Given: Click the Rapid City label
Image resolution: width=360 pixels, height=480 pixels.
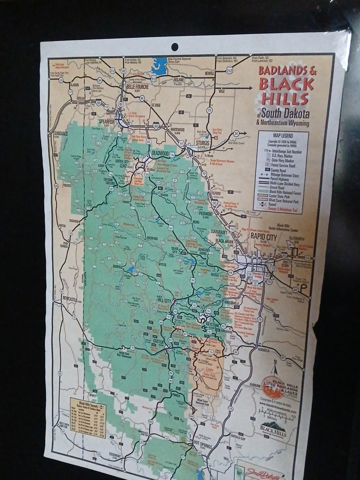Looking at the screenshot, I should coord(264,237).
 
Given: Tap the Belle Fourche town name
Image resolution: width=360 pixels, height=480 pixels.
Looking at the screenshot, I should coord(137,87).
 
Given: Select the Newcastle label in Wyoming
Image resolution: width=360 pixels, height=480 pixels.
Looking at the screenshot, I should coord(70,298).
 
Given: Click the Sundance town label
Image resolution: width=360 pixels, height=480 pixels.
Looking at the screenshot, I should coord(61,133).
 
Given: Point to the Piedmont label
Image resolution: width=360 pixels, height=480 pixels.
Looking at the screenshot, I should coord(205,213).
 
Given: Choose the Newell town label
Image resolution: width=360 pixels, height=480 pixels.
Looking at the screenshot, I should coord(209,74).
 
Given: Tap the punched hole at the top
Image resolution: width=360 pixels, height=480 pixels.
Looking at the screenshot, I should coord(175,47).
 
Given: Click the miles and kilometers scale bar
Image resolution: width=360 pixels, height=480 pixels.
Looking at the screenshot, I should coord(276,414).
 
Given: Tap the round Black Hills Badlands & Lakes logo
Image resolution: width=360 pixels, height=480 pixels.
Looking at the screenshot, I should coord(273,387).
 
